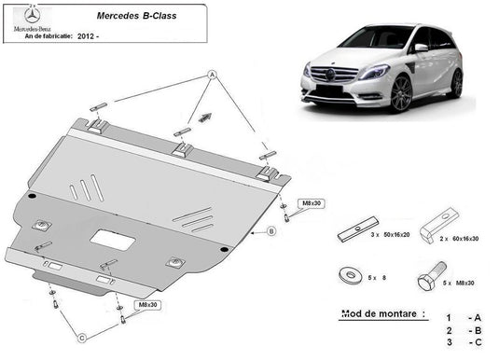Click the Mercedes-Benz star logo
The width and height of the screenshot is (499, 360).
point(32,16)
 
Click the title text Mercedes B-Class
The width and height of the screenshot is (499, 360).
point(136,16)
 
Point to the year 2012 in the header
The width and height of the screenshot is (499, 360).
point(86,36)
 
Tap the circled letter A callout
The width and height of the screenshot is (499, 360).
point(212,76)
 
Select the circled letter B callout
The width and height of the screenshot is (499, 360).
point(271,230)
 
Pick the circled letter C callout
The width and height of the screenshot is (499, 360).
point(82,338)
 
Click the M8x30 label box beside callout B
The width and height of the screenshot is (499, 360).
point(312,203)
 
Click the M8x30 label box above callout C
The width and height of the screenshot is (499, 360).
point(147,305)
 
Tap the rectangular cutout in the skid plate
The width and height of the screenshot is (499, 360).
point(113,240)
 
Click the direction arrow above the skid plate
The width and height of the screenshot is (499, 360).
point(204,118)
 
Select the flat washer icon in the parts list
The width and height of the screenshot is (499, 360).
point(351,274)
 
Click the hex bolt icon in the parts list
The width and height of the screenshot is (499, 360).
point(432,276)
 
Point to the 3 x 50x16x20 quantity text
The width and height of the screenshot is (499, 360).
point(390,235)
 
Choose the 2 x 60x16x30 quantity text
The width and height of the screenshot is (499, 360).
point(459,239)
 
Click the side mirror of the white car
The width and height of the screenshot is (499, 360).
point(422,48)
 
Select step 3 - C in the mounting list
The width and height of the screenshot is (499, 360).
point(464,342)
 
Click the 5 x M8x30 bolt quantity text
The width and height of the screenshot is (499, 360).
point(459,283)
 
